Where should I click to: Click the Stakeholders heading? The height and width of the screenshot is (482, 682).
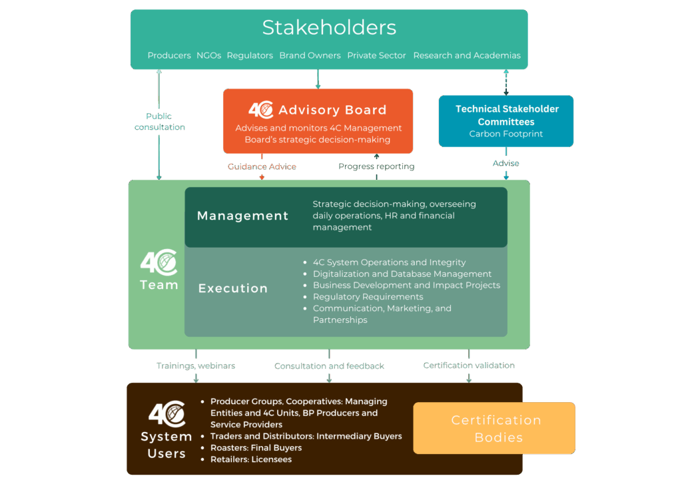329,27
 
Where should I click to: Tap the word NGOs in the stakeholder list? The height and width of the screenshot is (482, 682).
208,55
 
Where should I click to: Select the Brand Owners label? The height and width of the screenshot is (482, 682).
310,55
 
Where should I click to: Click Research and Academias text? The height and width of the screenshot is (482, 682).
467,55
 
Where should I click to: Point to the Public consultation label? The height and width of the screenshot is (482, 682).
160,121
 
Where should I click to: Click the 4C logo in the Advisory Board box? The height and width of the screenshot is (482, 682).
260,110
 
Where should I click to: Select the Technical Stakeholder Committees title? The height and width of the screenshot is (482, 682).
506,115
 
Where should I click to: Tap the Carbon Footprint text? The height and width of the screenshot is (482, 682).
506,134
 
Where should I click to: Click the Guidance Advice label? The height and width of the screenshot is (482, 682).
262,166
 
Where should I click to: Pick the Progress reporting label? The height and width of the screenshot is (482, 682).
376,166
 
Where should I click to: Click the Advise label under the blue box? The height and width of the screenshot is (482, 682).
506,163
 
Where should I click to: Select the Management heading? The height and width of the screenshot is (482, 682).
242,216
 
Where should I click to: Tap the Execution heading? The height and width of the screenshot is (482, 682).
232,288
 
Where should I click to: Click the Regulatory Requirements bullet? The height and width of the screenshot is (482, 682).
368,297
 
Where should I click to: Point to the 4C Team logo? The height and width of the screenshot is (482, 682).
159,270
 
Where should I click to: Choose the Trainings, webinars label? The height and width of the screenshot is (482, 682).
195,365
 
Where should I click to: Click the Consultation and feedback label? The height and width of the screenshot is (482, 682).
329,366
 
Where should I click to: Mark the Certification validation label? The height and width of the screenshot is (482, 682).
469,365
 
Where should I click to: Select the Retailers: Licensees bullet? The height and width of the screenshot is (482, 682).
251,459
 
